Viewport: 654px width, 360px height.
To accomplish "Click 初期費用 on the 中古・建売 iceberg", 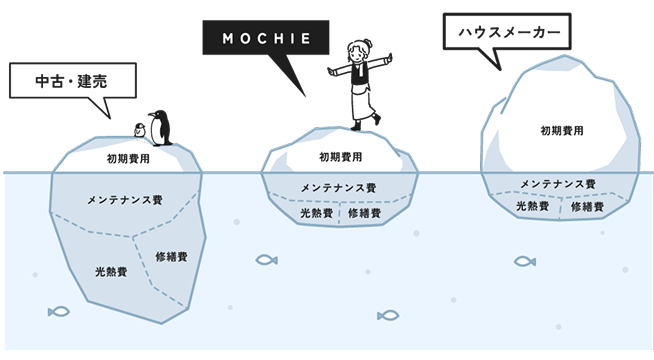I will click(x=128, y=157).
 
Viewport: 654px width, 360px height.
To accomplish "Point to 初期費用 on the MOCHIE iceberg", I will click(x=341, y=156).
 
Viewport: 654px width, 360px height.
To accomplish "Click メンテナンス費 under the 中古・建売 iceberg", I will click(x=126, y=200).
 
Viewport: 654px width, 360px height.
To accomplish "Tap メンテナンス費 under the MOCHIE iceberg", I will click(x=339, y=187).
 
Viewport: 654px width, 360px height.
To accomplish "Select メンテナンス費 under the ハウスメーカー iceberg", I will click(x=558, y=184).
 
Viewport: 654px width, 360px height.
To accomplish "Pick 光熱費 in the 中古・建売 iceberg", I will click(x=109, y=272).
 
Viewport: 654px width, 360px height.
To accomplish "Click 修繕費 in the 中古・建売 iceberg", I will click(x=172, y=257).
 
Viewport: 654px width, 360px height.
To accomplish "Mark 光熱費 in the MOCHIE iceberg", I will click(x=315, y=213).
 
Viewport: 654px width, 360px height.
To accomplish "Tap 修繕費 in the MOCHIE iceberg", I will click(x=364, y=213).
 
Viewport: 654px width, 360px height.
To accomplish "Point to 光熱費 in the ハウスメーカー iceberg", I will click(x=532, y=206).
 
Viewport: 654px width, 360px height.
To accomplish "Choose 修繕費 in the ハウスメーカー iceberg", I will click(x=587, y=206).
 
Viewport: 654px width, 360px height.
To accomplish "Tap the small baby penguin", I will click(x=141, y=130).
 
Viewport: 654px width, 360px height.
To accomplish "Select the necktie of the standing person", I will click(x=358, y=73).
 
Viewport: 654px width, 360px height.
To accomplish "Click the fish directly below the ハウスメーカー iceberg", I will click(x=525, y=261).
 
